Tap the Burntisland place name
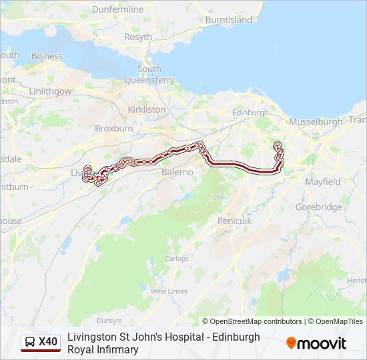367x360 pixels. (229, 20)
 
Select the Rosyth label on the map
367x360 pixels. (138, 37)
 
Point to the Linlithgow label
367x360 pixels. (50, 91)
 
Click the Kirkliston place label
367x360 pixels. (147, 109)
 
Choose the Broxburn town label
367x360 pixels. (114, 128)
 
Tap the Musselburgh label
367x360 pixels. (316, 122)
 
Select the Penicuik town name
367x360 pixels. (234, 220)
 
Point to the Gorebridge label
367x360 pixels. (319, 207)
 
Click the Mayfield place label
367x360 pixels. (323, 181)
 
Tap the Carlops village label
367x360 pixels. (177, 259)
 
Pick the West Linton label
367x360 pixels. (169, 291)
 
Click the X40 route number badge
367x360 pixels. (48, 343)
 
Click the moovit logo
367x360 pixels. (316, 343)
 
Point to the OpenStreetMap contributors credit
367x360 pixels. (252, 321)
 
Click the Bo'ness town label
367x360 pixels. (47, 55)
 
